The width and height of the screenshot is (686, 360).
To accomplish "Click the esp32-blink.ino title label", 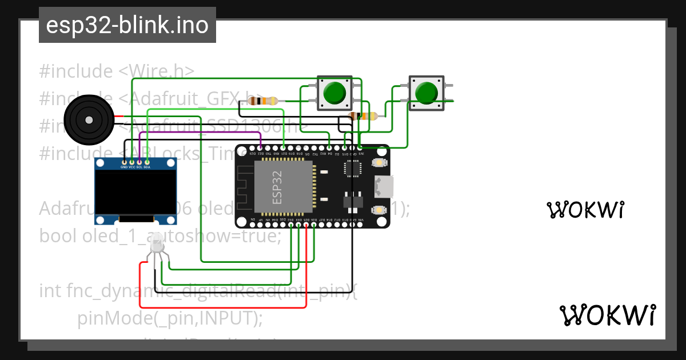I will pos(127,25).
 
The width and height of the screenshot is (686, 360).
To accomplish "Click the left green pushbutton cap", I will pos(334,93).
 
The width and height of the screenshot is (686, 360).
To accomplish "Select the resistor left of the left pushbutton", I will pos(264,101).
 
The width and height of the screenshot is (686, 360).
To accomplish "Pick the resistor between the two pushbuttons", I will pos(363,117).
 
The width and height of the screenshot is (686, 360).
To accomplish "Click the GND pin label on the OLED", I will pos(123,167).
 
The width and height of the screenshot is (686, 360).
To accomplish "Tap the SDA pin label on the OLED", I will pos(147,167).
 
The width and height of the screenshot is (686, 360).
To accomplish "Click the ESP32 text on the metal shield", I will pos(277,186).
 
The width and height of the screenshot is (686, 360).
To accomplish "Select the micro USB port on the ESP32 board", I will pos(383,186).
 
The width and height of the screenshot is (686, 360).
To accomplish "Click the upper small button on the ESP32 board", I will pos(378,163).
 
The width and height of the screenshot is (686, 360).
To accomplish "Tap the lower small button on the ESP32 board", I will pos(378,210).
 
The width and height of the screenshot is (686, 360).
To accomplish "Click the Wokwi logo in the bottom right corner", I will pos(608,315).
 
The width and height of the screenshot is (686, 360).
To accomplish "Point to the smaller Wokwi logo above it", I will pos(585,210).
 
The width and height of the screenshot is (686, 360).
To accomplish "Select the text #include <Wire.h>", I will pos(117,71).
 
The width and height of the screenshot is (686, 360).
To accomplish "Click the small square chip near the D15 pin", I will pos(352,168).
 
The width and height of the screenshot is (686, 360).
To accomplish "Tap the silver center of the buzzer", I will pos(89,120).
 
